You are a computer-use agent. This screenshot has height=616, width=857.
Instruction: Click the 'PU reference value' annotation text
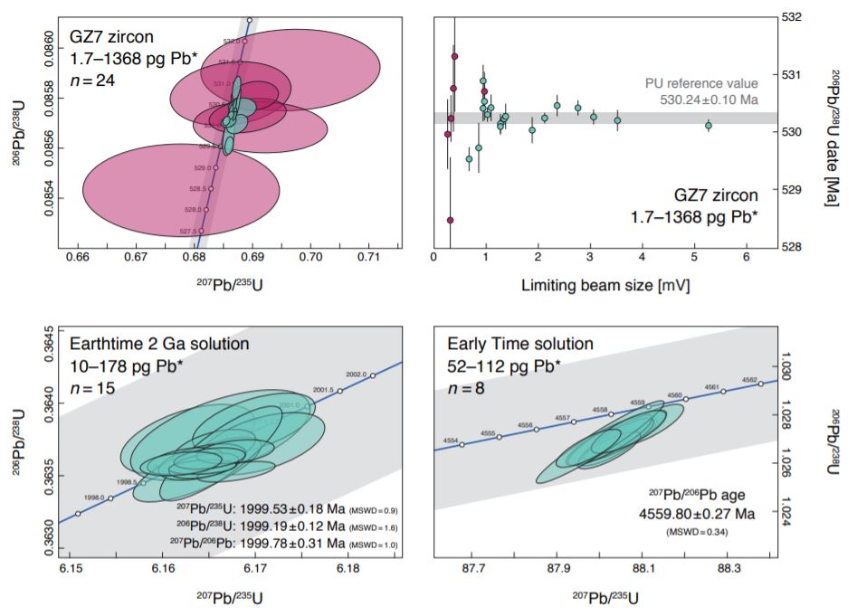(701, 82)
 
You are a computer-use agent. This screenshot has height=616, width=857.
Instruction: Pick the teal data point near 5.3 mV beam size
(709, 126)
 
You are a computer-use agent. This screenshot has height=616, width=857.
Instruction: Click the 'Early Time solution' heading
(520, 345)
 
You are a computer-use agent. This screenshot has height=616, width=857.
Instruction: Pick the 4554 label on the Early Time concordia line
(451, 440)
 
